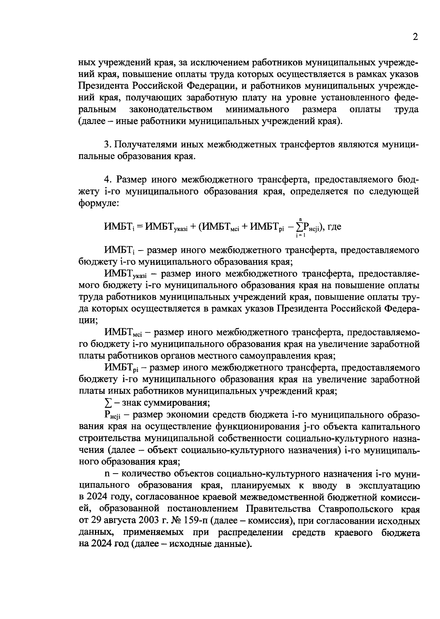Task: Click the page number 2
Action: pos(415,37)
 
